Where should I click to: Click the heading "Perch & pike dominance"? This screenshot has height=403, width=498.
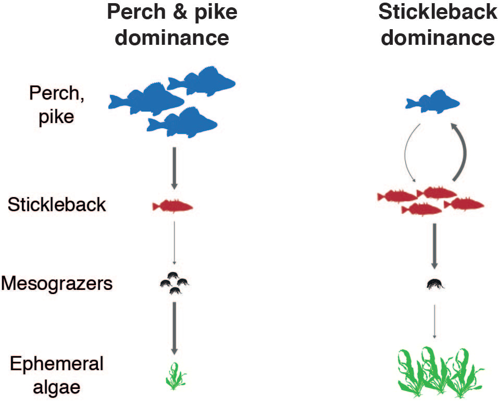[x=172, y=25]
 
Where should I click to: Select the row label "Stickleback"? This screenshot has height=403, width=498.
[x=57, y=205]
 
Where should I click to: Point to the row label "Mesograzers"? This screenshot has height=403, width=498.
[x=57, y=284]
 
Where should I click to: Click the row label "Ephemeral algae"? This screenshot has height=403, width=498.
[x=51, y=375]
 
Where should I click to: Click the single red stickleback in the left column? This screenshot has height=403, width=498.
[x=172, y=206]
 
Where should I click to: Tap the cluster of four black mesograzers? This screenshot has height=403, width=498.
[x=174, y=284]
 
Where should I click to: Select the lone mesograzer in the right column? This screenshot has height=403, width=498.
[x=433, y=284]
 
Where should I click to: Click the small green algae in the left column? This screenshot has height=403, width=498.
[x=175, y=376]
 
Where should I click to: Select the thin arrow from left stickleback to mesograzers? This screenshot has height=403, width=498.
[x=174, y=242]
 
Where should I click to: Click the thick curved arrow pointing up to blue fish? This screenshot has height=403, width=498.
[x=463, y=151]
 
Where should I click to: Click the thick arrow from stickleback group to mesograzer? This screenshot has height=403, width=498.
[x=433, y=246]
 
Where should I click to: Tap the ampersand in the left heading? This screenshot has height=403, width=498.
[x=180, y=11]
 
